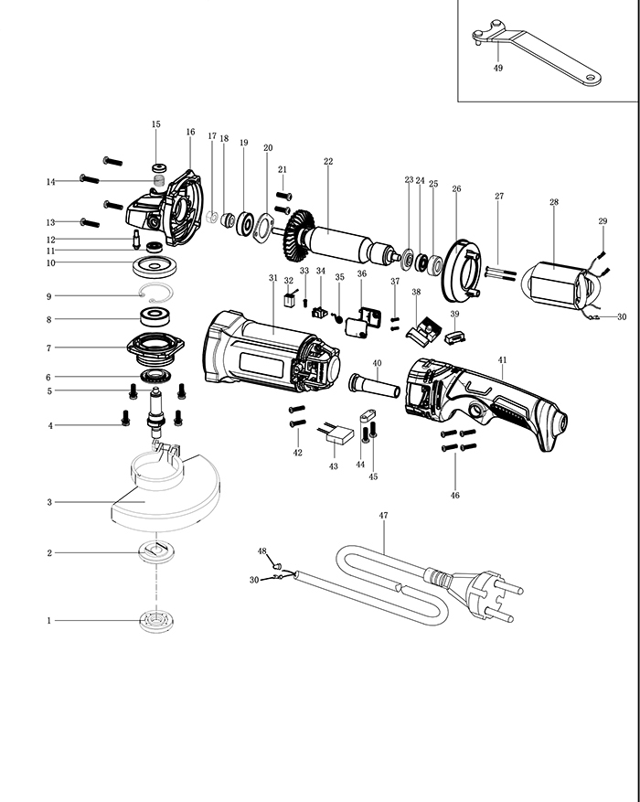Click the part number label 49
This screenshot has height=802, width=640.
coord(498,68)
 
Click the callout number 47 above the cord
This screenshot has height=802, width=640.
coord(384,516)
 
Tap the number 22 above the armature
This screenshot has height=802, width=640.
coord(328,162)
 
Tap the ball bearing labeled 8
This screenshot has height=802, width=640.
coord(160,319)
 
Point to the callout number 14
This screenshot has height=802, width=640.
coord(52,182)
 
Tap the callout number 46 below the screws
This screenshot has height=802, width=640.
coord(455,495)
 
